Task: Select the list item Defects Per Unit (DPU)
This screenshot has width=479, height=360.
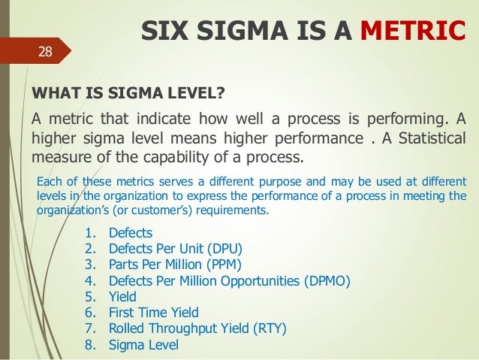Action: tap(176, 248)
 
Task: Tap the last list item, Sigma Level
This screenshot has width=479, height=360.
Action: tap(143, 346)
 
